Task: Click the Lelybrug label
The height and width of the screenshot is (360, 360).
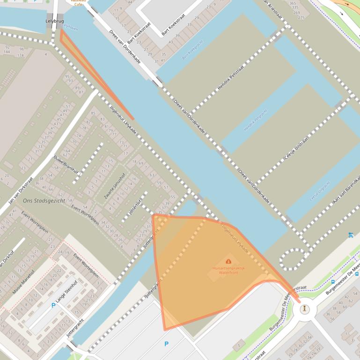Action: coord(54,21)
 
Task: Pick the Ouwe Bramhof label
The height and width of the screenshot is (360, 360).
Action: coord(66,164)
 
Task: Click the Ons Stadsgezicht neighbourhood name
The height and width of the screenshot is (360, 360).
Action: coord(41,201)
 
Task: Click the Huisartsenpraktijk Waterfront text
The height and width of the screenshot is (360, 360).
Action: coord(228,270)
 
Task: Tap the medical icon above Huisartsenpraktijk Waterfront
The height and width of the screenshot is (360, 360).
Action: coord(228,261)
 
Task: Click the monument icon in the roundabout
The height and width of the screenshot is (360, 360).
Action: coord(305,309)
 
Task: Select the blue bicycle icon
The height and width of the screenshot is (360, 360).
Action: coord(351,235)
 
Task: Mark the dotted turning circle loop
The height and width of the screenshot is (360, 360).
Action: coord(294,259)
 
